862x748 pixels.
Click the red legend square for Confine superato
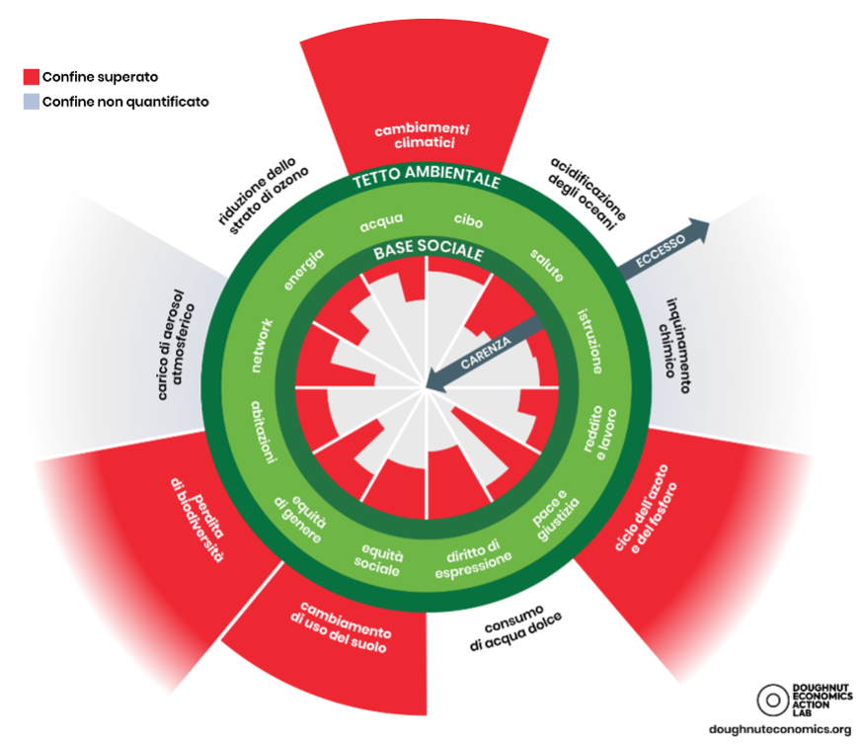[x=31, y=76]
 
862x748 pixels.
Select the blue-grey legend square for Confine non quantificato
[x=31, y=101]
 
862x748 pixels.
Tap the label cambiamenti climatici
[x=422, y=135]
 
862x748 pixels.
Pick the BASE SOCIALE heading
[x=429, y=253]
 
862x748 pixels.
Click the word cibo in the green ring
[x=468, y=219]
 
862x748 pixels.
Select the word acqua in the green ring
[x=379, y=223]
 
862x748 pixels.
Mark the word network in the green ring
[x=262, y=345]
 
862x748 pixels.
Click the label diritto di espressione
[x=473, y=557]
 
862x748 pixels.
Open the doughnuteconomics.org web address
[x=779, y=729]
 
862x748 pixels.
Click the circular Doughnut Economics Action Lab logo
[x=771, y=700]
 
